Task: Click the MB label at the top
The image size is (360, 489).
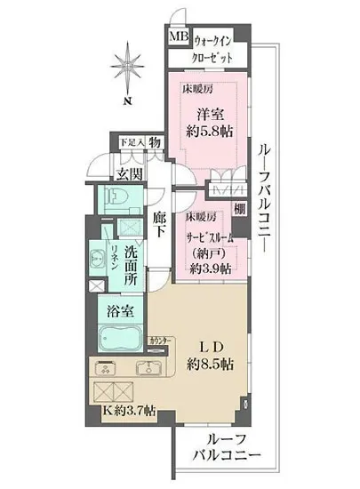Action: [179, 38]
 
